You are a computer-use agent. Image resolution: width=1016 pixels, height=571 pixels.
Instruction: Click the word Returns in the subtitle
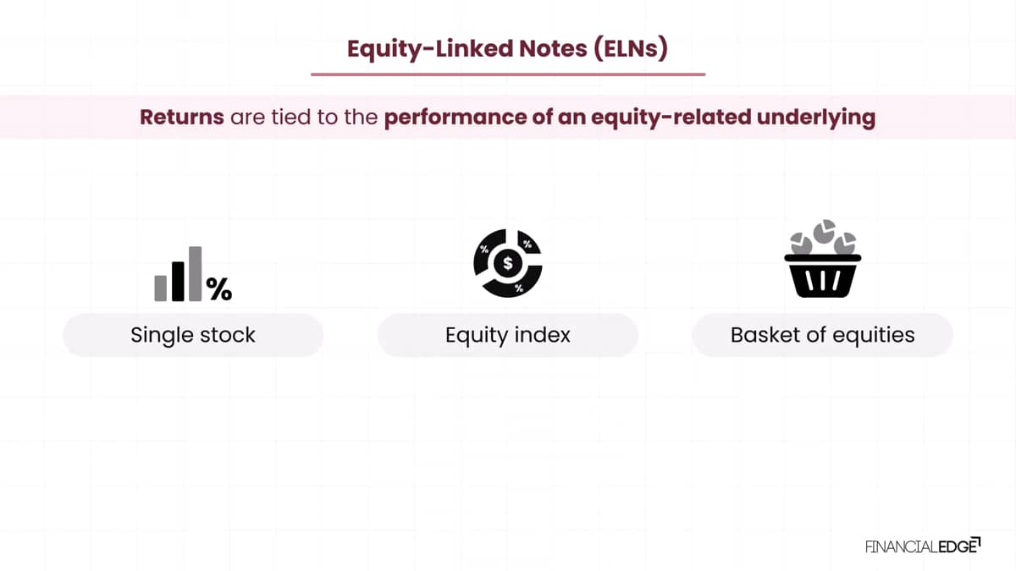coord(182,117)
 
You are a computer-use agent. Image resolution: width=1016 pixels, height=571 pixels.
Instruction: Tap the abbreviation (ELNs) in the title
coord(631,48)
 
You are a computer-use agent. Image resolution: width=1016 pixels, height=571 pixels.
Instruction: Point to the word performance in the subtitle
coord(455,118)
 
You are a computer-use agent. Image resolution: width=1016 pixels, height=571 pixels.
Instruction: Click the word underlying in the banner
coord(816,118)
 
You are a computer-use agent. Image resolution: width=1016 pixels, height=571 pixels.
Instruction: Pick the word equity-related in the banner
coord(671,118)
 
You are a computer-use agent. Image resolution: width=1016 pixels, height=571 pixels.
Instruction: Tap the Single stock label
coord(193,335)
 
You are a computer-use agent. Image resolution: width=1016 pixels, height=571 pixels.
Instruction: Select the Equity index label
coord(507,335)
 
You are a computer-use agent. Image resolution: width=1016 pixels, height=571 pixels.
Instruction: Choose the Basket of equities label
coord(822,335)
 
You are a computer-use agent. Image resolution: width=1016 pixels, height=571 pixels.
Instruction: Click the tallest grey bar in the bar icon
coord(195,274)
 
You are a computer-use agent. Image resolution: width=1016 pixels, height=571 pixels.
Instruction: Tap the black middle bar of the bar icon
coord(178,282)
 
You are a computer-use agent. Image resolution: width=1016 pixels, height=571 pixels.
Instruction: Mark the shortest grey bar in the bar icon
coord(161,288)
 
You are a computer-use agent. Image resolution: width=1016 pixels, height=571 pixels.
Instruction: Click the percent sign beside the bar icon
coord(219,288)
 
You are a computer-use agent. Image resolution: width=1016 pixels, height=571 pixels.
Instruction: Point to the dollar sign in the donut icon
coord(507,263)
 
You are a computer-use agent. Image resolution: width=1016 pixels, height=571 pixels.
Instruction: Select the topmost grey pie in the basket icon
coord(824,231)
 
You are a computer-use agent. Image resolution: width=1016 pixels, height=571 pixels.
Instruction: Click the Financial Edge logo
coord(923,546)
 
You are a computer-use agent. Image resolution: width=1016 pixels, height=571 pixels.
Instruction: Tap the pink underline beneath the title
coord(508,74)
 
